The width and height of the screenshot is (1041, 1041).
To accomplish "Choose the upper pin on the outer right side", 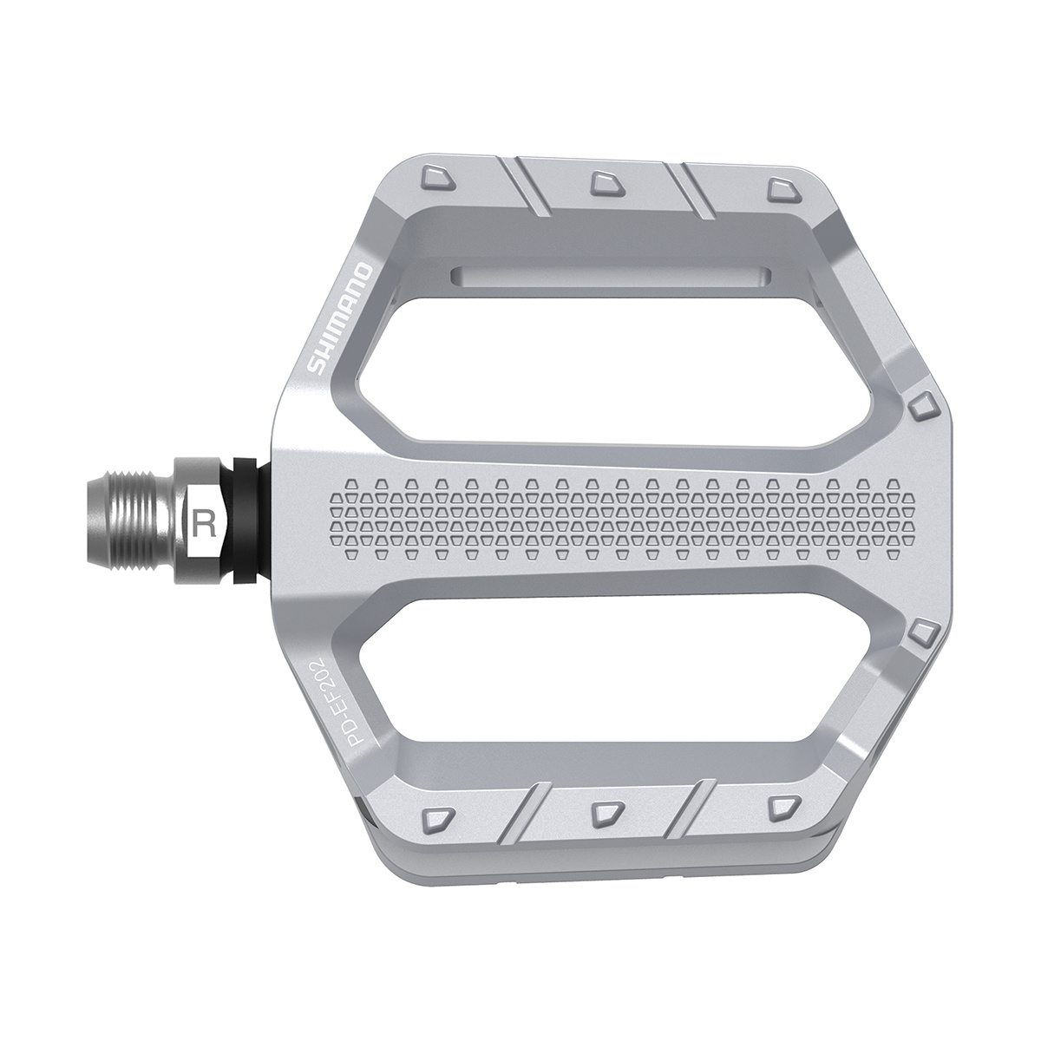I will click(923, 404).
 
